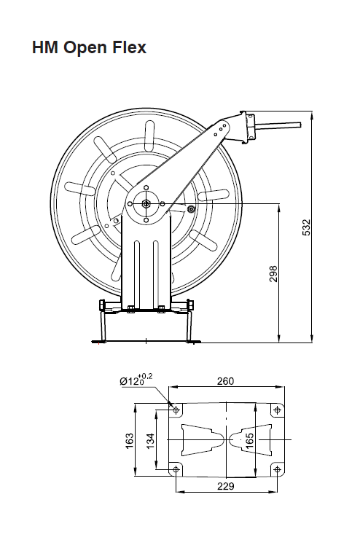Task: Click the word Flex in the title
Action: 129,47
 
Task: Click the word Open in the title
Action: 85,48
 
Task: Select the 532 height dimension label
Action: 306,227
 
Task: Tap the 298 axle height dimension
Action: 273,274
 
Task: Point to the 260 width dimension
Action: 225,381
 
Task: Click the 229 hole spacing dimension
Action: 225,486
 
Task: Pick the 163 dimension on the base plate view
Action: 129,441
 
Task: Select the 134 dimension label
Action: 150,441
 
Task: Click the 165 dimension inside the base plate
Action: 249,440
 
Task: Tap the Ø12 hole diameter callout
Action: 136,379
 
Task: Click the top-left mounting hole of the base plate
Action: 176,410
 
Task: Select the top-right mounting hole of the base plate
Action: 277,410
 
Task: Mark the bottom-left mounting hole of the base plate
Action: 176,469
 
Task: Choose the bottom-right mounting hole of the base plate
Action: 277,469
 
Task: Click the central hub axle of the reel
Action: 146,203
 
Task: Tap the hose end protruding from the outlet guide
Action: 278,126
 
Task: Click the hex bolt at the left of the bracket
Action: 103,305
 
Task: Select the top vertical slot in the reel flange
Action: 150,134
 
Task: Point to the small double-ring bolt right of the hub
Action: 191,209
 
